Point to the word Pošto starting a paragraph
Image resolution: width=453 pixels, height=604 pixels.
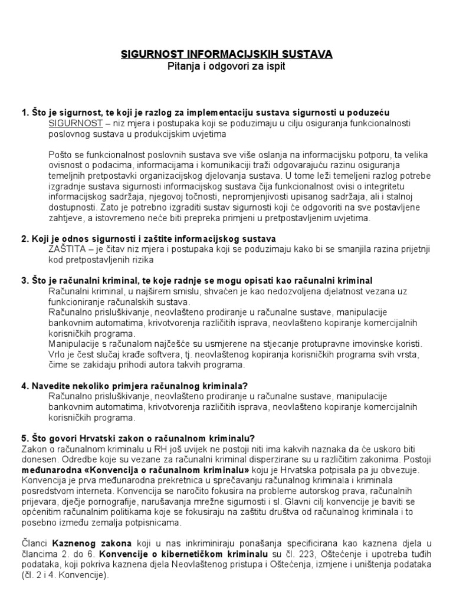pyautogui.click(x=60, y=155)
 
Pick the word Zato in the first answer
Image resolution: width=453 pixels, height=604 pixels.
pyautogui.click(x=118, y=208)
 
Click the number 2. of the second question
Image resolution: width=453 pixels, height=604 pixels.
pyautogui.click(x=25, y=239)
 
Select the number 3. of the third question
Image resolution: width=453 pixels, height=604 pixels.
pyautogui.click(x=25, y=280)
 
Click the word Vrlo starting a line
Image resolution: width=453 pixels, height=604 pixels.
pyautogui.click(x=57, y=353)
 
